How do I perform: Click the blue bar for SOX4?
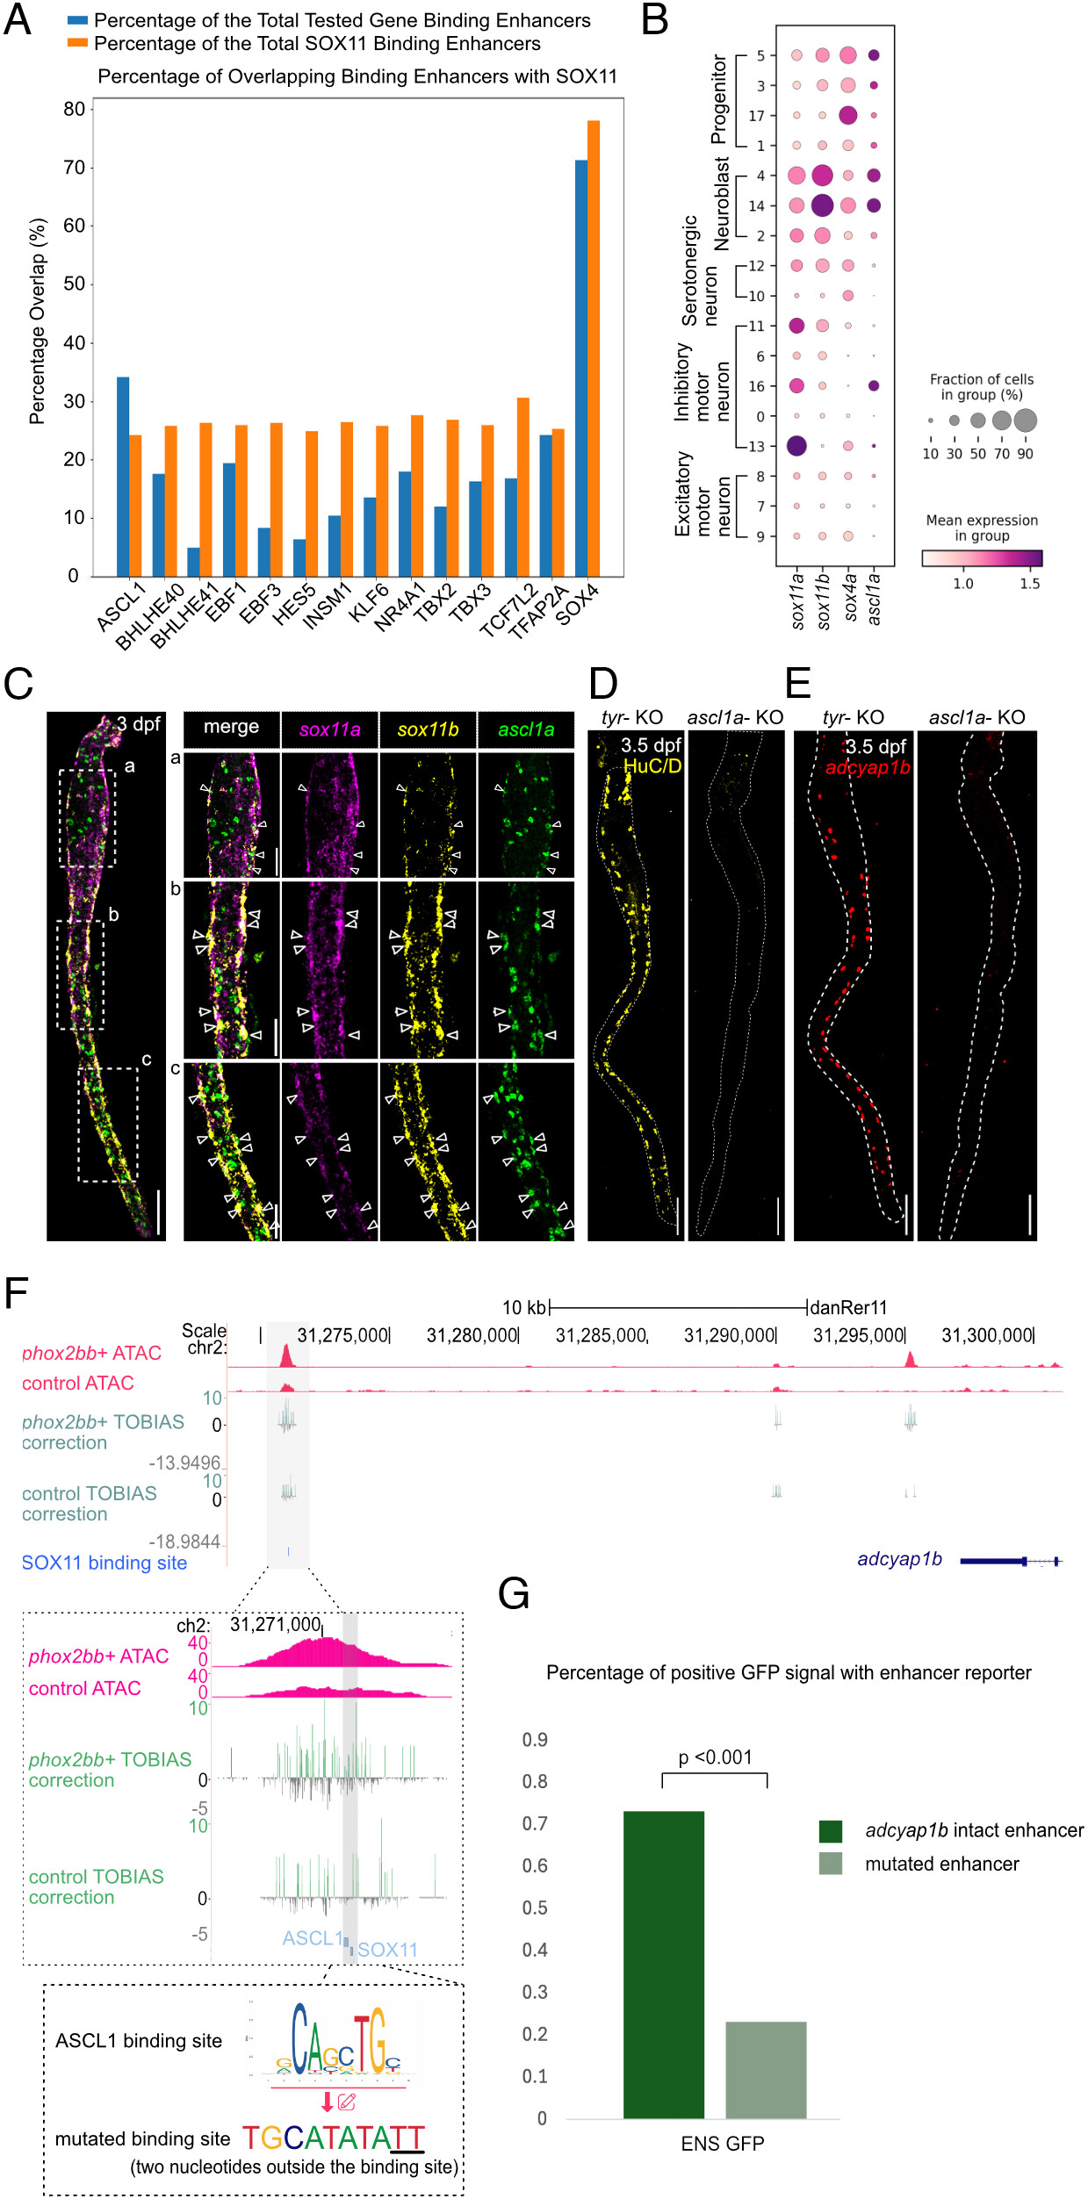580,368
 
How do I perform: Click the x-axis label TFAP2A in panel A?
537,613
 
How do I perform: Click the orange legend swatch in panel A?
77,43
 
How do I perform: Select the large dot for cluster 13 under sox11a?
796,446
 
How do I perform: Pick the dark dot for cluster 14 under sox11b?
822,205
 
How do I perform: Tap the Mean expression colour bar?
981,558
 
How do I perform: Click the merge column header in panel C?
231,728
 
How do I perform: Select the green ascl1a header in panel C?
526,729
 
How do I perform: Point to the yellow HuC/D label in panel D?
652,766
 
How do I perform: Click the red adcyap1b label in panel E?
867,768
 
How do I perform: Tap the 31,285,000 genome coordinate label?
602,1336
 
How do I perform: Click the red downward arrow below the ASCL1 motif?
327,2102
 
